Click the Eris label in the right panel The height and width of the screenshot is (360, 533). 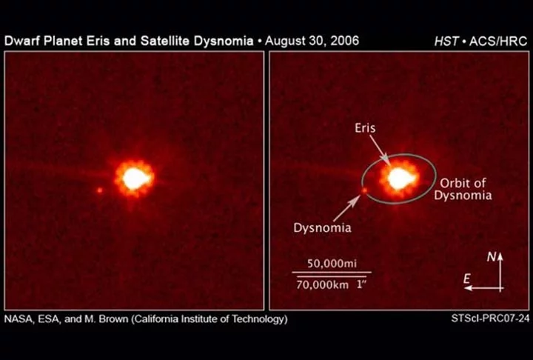coord(365,128)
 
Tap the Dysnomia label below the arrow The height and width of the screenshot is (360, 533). coord(324,229)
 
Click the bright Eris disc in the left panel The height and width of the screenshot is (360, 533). coord(135,178)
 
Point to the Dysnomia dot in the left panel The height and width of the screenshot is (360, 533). coord(99,190)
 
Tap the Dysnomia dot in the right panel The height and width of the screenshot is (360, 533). coord(363,190)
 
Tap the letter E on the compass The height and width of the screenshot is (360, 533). coord(468,277)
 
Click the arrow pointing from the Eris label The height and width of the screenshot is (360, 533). coord(378,149)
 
